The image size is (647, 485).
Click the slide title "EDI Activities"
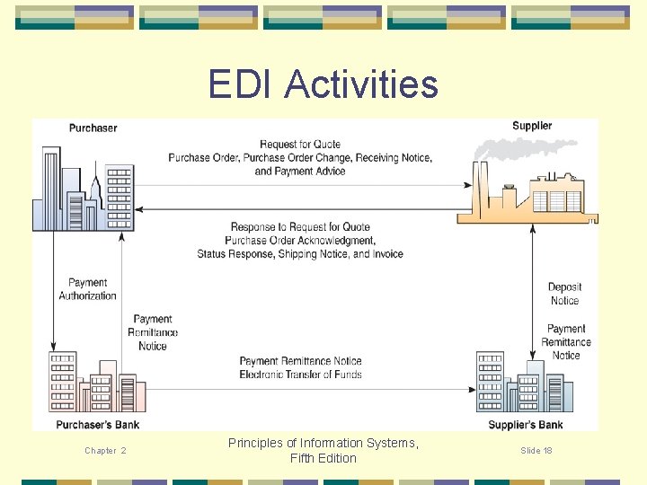(323, 84)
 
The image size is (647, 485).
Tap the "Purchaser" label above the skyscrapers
(93, 128)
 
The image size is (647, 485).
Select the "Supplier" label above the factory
(532, 126)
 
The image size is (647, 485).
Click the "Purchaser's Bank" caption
(98, 424)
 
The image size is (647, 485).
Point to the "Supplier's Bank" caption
(526, 424)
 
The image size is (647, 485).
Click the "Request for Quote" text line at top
(299, 145)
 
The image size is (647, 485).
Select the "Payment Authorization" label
(87, 289)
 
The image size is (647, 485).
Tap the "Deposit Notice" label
(564, 294)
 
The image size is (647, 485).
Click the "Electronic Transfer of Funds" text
(300, 375)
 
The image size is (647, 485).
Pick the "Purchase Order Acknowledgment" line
(300, 241)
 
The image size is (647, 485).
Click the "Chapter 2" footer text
(105, 451)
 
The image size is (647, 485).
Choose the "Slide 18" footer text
(536, 450)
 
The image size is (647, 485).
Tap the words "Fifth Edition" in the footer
(323, 458)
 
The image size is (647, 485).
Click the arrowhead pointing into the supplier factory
(468, 185)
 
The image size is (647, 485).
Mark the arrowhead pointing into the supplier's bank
(471, 390)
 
